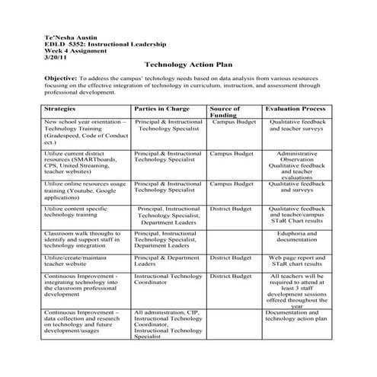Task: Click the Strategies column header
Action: tap(63, 109)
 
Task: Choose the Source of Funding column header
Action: tap(225, 113)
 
